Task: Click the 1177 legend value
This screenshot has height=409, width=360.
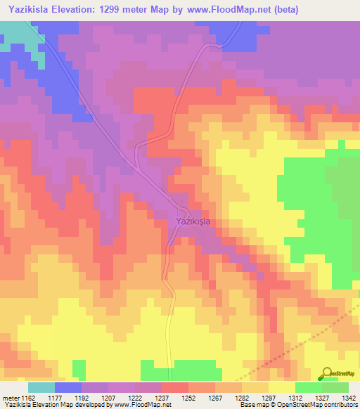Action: tap(67, 398)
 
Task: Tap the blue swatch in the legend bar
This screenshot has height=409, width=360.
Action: tap(67, 387)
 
